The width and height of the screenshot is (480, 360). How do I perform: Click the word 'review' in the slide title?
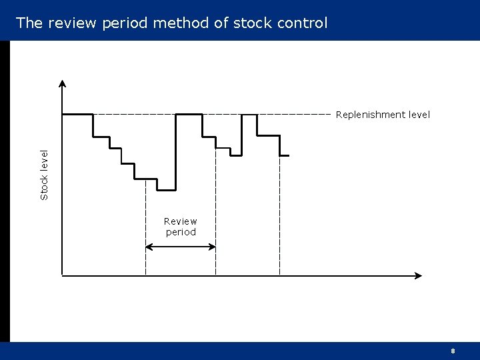[71, 23]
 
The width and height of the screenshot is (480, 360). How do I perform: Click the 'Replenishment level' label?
[383, 115]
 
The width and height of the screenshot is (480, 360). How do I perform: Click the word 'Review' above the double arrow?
[181, 221]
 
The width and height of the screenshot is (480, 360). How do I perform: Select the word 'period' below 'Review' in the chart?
[181, 233]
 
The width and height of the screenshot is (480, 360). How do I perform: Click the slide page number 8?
[453, 351]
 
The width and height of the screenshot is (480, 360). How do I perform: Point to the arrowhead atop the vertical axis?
[62, 84]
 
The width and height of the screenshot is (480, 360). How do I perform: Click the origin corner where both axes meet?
[62, 275]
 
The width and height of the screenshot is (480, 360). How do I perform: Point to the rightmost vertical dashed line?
[279, 220]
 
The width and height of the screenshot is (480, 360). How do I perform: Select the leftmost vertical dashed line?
[145, 227]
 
